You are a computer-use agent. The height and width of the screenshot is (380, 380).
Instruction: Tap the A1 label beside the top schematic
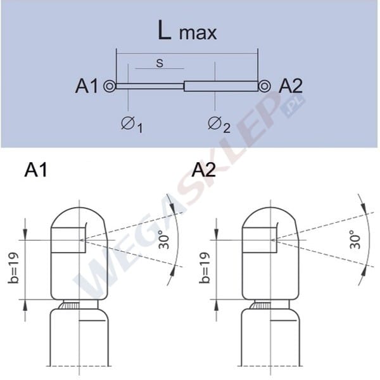[87, 86]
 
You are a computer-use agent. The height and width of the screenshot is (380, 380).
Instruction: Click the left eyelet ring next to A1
[110, 86]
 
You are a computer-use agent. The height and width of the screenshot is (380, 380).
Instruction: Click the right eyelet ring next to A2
[264, 85]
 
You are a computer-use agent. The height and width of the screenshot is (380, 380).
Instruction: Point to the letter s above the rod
[159, 63]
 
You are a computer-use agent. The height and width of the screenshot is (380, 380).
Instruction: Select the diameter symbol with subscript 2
[218, 123]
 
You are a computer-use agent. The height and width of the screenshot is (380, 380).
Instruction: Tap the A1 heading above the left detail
[37, 170]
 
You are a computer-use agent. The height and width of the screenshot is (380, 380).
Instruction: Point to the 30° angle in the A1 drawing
[163, 241]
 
